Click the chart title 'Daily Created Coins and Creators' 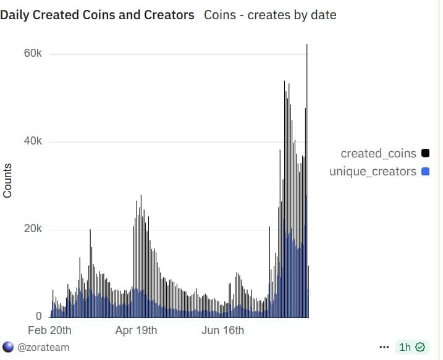pos(97,14)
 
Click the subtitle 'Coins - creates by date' pos(270,14)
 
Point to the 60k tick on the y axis pos(32,54)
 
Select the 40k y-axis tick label pos(32,141)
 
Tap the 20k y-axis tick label pos(32,229)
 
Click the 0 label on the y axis pos(38,316)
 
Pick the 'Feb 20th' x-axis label pos(50,330)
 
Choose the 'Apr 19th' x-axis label pos(136,330)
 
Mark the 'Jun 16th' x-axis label pos(223,330)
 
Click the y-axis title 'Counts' pos(8,181)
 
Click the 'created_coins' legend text pos(378,153)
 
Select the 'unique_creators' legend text pos(373,171)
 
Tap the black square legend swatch pos(424,153)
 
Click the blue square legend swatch pos(424,171)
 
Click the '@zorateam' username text pos(43,347)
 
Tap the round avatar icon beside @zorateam pos(8,347)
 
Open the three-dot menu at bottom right pos(384,347)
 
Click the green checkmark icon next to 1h pos(420,347)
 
